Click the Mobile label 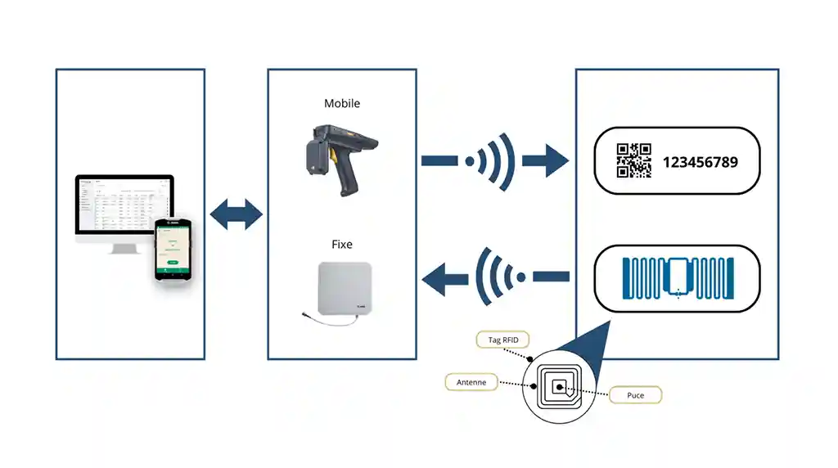click(341, 104)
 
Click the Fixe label click(341, 244)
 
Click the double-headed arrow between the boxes click(237, 215)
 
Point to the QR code click(633, 161)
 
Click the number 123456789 click(700, 162)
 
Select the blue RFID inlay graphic click(678, 278)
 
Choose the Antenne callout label click(471, 382)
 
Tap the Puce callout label click(635, 396)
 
